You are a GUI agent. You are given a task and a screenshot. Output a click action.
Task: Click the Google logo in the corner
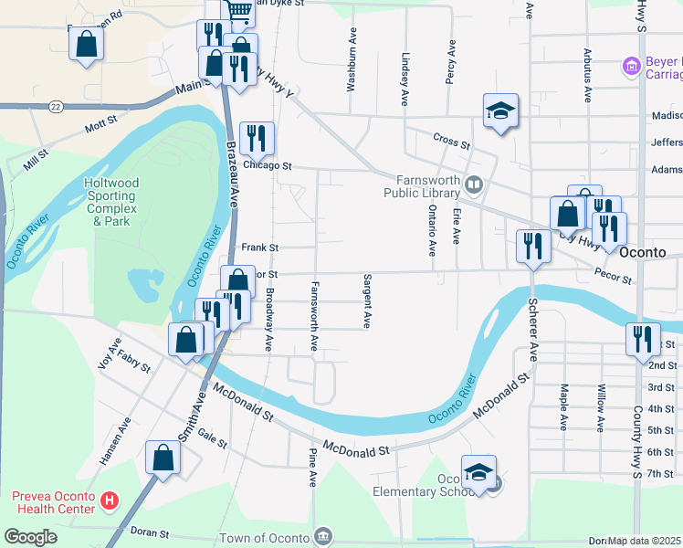pos(30,537)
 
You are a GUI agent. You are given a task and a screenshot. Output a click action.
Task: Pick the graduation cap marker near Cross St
pos(500,111)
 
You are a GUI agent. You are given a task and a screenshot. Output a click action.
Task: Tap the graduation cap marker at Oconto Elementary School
pos(478,472)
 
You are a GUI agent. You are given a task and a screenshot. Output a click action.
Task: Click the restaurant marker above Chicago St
pos(257,139)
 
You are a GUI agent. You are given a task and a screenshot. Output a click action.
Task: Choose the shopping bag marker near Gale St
pos(163,458)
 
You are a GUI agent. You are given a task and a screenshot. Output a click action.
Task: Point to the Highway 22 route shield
pos(56,107)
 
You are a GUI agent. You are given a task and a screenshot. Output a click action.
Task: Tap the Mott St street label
pos(100,120)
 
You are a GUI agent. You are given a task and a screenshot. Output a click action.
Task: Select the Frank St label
pos(259,248)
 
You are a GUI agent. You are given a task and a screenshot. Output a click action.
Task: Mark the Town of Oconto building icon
pos(322,534)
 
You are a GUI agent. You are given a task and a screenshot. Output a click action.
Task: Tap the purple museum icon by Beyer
pos(629,66)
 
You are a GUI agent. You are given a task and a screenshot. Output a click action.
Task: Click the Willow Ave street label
pos(600,406)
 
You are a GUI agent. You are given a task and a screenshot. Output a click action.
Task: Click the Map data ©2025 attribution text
pos(644,541)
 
